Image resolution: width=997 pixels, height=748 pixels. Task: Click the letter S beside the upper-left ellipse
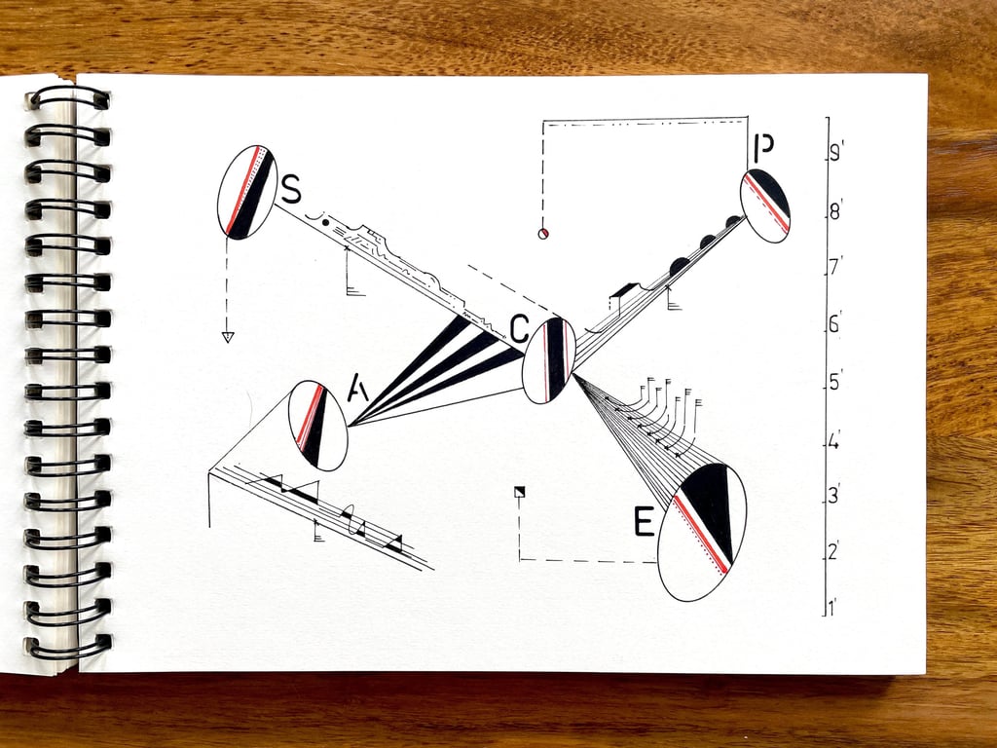290,188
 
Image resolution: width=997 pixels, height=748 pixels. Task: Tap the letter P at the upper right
763,148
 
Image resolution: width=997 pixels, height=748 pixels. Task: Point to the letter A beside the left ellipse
358,391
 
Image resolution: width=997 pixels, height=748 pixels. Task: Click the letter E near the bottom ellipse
645,523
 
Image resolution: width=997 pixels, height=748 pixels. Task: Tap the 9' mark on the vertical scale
835,154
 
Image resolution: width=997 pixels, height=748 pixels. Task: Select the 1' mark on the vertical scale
833,609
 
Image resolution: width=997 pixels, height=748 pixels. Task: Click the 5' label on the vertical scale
834,383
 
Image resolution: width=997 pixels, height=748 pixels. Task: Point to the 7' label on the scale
834,268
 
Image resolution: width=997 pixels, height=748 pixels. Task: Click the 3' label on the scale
834,497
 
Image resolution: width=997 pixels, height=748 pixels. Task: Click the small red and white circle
544,232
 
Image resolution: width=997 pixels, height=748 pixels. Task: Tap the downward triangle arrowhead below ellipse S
228,337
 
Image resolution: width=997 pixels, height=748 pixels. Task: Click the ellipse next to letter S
247,192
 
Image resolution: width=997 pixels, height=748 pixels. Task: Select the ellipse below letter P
764,206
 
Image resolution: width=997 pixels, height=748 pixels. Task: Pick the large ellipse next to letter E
702,532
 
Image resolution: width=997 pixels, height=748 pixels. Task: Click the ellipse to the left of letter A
317,426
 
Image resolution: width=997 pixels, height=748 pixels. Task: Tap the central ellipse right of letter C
549,359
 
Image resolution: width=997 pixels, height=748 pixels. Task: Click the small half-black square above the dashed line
519,492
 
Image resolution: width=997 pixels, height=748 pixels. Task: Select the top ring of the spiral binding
68,97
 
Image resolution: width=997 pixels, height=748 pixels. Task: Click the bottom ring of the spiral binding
68,647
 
